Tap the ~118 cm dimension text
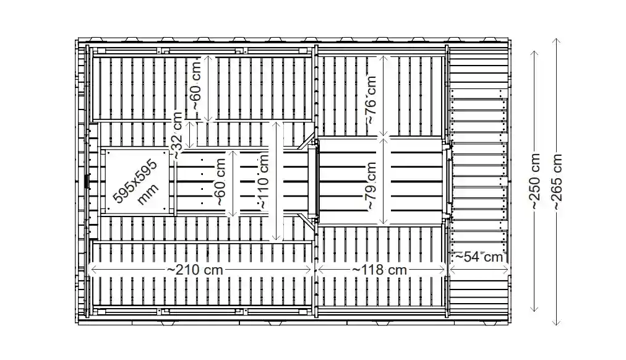coord(380,270)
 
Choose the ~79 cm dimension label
coord(370,184)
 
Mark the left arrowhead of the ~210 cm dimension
coord(90,269)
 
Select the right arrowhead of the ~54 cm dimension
coord(507,254)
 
